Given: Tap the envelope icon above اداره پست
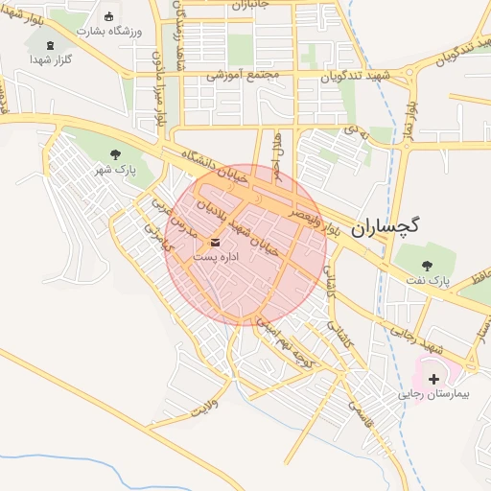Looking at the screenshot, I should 212,242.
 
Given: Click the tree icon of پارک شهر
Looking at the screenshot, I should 115,153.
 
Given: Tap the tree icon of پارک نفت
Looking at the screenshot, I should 428,265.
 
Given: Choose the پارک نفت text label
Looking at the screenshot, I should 428,281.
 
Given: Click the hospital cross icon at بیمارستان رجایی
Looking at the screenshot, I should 434,380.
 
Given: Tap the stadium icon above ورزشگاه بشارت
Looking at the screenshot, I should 107,16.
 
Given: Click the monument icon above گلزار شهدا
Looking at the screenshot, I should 50,44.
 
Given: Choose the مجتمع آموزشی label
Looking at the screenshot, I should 243,74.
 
